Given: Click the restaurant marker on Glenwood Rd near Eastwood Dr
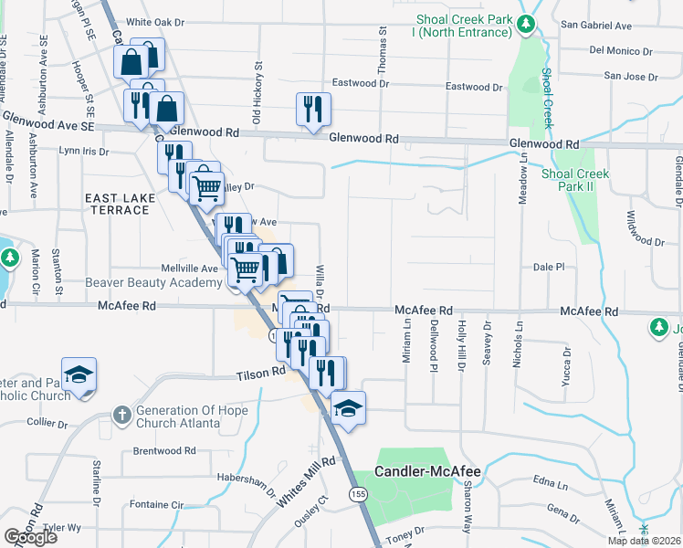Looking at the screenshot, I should pos(313,109).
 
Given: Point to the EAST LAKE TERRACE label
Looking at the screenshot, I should pos(116,204).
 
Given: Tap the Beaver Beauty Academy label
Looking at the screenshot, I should pos(153,283).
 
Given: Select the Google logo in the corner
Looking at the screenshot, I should pos(31,537).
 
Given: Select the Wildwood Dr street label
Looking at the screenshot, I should pos(645,229).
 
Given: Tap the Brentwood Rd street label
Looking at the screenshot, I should pos(164,450).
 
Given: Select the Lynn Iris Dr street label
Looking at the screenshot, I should pos(83,151).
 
